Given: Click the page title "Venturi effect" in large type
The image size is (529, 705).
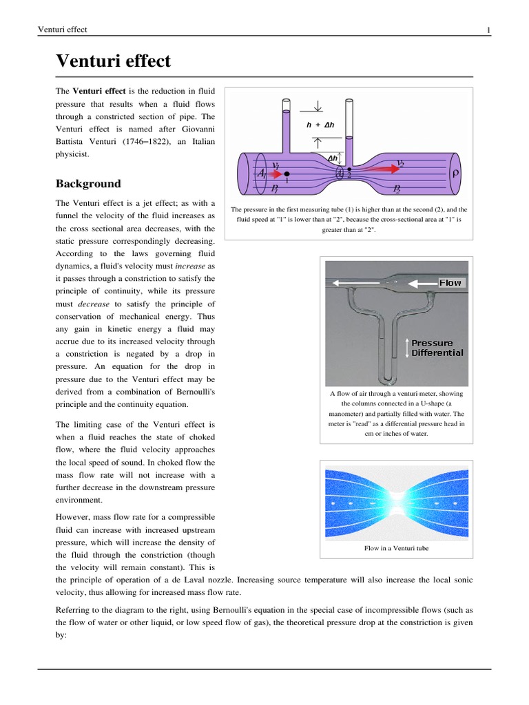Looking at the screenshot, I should point(113,61).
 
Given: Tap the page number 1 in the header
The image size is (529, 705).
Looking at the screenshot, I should point(488,30).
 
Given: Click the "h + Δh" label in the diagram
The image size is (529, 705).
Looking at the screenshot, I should point(320,125).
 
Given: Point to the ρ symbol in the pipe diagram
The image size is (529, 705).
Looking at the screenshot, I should point(455,174).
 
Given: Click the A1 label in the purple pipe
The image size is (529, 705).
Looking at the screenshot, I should point(262,175).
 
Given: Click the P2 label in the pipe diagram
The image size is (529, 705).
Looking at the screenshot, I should point(397,187).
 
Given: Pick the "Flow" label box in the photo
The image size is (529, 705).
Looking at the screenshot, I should point(450,282).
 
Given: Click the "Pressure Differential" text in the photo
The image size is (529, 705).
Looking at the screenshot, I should point(437,348).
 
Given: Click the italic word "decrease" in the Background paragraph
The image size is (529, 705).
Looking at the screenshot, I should point(94,304).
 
